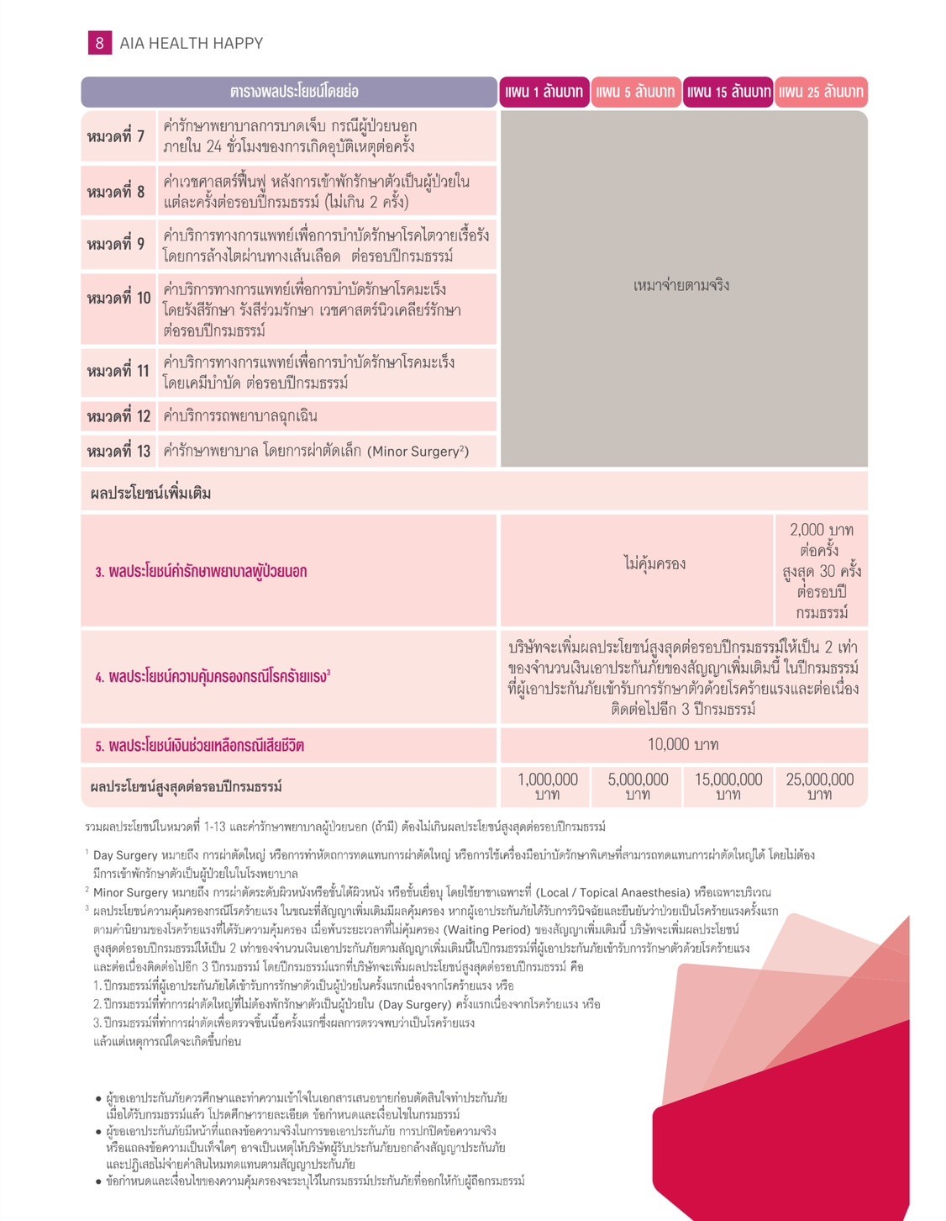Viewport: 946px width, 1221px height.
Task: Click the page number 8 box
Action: [99, 43]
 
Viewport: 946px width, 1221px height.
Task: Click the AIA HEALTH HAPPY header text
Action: [191, 43]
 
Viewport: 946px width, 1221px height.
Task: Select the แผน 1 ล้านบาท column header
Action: [544, 92]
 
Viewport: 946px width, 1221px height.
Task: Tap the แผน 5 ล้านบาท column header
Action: [635, 92]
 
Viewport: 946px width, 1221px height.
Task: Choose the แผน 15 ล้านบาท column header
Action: [728, 92]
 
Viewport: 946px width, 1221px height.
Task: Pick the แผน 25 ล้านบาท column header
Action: [821, 92]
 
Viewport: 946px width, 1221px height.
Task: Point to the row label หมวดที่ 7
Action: [116, 136]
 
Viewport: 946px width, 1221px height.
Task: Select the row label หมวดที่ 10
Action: [118, 299]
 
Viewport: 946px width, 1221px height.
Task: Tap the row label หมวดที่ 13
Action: [118, 452]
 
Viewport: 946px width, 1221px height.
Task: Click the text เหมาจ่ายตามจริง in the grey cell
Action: [681, 285]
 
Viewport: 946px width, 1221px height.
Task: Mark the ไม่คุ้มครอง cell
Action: [654, 563]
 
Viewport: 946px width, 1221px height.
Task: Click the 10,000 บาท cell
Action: [682, 744]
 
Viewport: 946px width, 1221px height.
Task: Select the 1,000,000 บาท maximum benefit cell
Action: [548, 786]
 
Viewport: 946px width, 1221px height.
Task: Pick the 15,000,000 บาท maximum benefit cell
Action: [728, 786]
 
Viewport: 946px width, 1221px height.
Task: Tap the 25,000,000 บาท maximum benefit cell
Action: [820, 786]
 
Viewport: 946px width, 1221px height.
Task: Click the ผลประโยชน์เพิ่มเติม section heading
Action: [150, 494]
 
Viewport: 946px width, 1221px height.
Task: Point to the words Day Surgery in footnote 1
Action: [125, 855]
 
